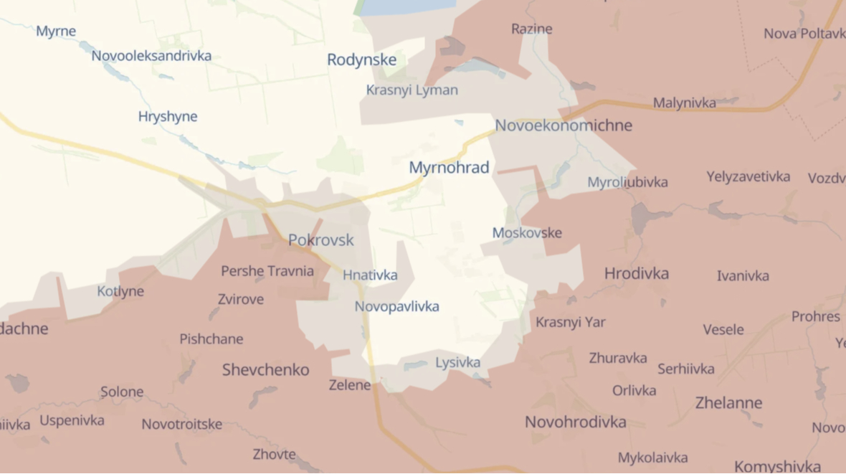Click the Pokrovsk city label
point(320,240)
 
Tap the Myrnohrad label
point(449,168)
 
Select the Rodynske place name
point(361,60)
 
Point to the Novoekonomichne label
point(564,125)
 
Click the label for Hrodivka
point(637,273)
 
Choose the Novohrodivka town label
point(575,422)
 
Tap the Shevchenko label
point(265,370)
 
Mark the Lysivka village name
point(457,363)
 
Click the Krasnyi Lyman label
point(412,90)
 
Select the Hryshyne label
point(168,116)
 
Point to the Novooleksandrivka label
point(151,55)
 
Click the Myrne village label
point(56,31)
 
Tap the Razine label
point(531,29)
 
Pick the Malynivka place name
point(684,103)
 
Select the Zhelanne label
point(728,403)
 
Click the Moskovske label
point(527,233)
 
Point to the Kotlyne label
point(120,291)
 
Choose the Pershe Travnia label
point(267,271)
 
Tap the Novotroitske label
point(181,424)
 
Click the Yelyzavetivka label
point(748,176)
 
